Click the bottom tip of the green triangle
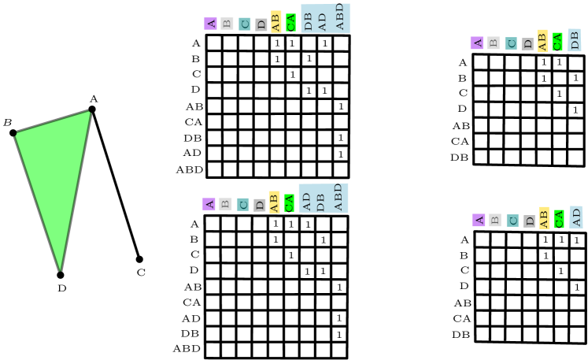tap(60, 269)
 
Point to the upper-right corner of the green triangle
tap(89, 113)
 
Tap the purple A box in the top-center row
tap(210, 24)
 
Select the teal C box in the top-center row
tap(245, 24)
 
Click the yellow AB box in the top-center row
tap(276, 22)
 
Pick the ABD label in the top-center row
tap(340, 17)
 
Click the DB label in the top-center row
tap(308, 20)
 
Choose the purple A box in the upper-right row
tap(476, 43)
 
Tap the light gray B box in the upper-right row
tap(493, 43)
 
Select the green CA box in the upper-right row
tap(557, 41)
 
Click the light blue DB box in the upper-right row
tap(575, 40)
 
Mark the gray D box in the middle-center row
tap(260, 205)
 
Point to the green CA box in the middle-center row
tap(289, 202)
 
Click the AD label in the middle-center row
tap(306, 201)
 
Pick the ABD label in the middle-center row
tap(338, 198)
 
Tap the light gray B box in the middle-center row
tap(225, 204)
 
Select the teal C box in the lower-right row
tap(512, 221)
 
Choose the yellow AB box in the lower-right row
tap(544, 218)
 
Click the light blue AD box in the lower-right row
tap(576, 217)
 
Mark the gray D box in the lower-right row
tap(529, 221)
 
